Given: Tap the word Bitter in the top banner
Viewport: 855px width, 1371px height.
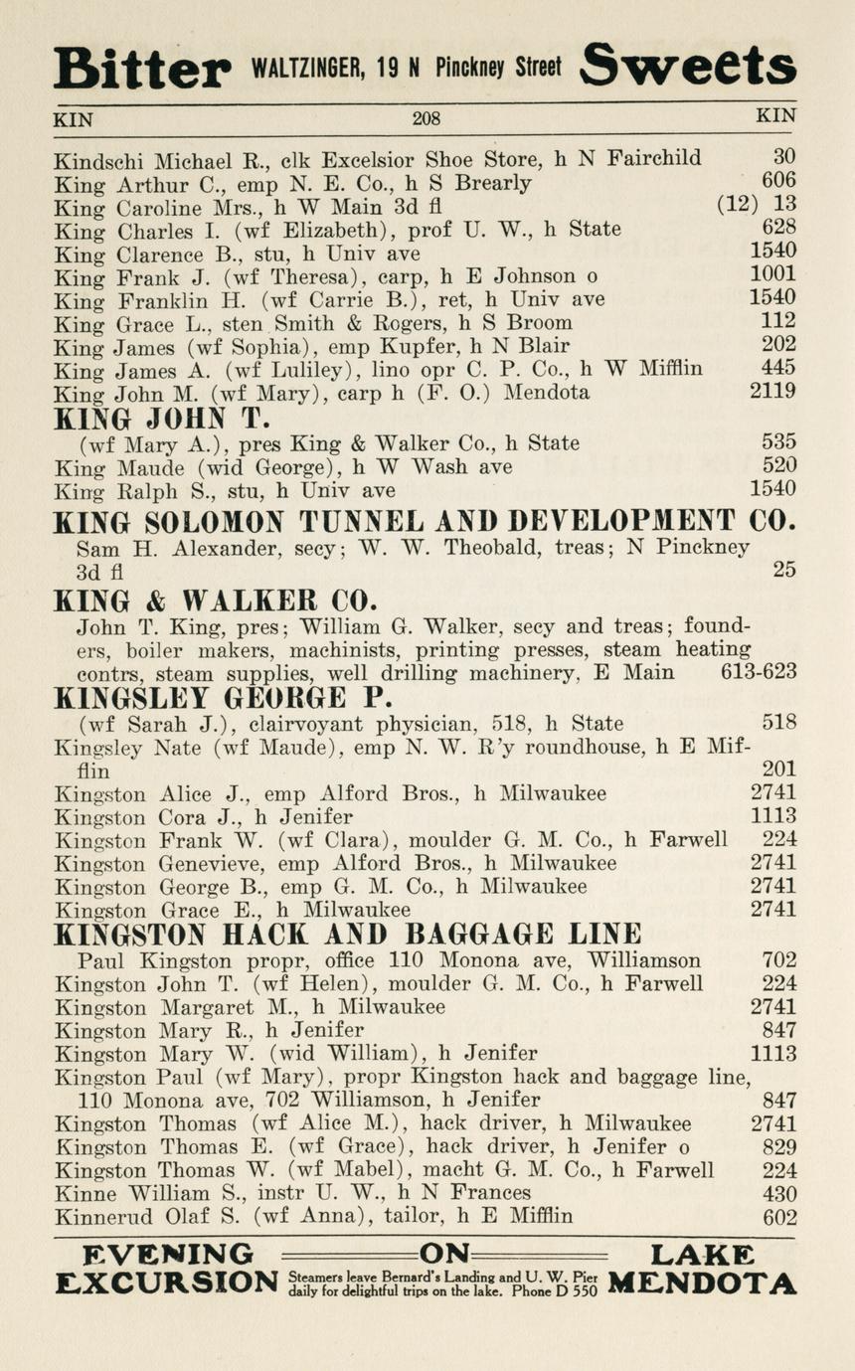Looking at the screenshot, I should click(x=141, y=69).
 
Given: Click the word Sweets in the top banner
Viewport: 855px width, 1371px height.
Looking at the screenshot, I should click(x=688, y=66).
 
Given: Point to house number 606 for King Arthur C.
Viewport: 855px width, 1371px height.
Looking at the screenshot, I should click(x=778, y=182).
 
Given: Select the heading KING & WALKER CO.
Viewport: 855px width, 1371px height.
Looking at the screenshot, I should click(x=215, y=600).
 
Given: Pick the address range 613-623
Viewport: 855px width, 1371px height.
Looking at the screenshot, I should click(x=759, y=673).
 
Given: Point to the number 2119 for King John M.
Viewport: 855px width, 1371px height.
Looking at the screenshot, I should click(x=772, y=392).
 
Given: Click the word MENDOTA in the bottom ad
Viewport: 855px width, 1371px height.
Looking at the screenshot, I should click(x=701, y=1284).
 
